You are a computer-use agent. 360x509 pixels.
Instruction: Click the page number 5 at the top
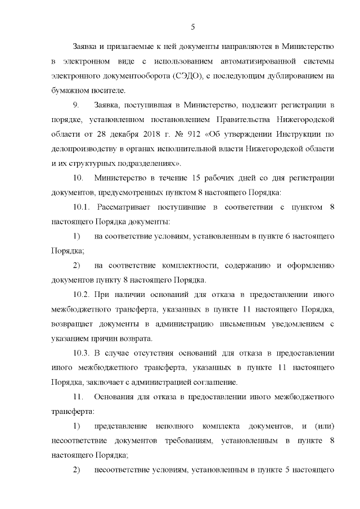(x=192, y=26)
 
